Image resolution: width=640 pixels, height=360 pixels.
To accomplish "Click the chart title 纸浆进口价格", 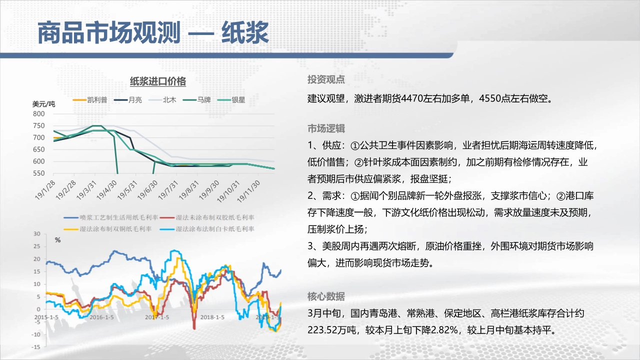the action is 158,81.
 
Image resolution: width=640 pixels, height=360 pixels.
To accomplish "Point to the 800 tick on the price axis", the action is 39,113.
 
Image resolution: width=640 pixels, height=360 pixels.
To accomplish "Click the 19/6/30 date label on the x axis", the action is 147,190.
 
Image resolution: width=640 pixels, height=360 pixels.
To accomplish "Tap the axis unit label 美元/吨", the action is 43,104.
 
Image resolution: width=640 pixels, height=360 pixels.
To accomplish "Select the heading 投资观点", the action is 326,79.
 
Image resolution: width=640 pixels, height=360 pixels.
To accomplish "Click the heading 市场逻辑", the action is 326,128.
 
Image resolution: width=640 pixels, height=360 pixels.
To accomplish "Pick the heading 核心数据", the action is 326,296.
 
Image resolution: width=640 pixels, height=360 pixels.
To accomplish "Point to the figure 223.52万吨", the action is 332,330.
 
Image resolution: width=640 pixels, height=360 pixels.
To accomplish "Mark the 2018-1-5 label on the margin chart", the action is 212,317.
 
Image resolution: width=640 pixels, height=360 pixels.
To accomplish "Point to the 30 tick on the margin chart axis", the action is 37,233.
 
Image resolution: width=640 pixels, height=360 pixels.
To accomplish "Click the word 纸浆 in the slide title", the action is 245,32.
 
